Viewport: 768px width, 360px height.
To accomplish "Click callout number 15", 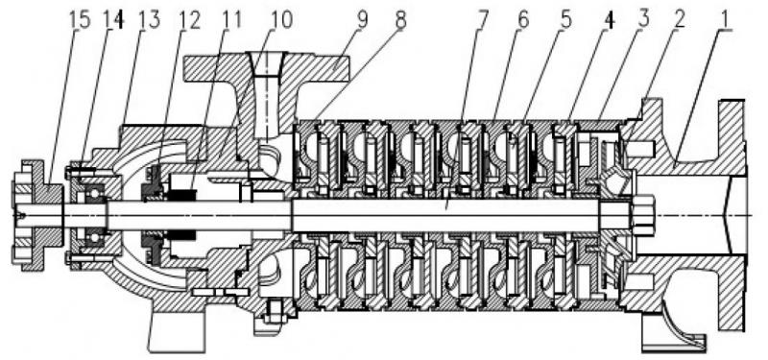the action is click(x=79, y=20).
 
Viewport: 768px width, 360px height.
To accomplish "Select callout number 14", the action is click(x=113, y=20).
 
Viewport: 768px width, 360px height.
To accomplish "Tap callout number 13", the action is click(x=149, y=20).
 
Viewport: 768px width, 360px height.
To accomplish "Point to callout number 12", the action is click(x=189, y=20).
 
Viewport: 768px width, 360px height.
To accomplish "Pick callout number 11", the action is click(x=230, y=20).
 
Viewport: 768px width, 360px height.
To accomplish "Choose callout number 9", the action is click(x=362, y=20).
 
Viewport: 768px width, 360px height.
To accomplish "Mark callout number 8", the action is click(x=400, y=20).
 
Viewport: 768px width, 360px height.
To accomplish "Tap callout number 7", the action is click(x=483, y=20).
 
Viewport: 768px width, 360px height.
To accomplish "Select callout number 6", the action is click(x=523, y=20).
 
